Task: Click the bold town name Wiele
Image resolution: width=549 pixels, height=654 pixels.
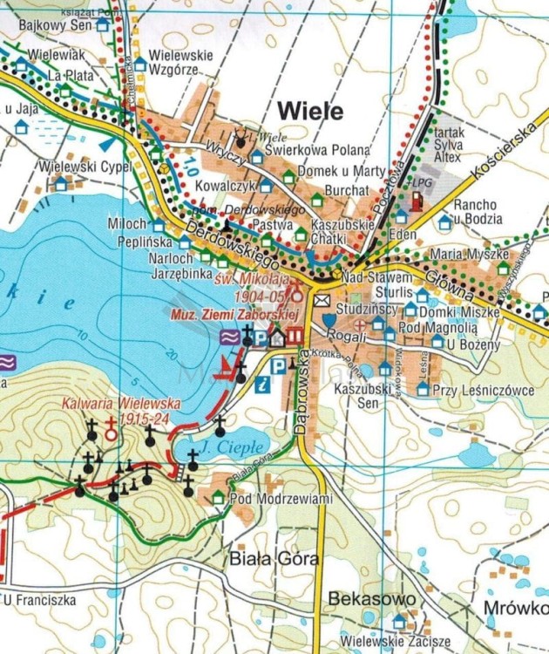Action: pyautogui.click(x=309, y=111)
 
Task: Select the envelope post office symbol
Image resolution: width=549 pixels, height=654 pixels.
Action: pyautogui.click(x=322, y=301)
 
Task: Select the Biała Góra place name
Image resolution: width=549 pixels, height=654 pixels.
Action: pyautogui.click(x=262, y=559)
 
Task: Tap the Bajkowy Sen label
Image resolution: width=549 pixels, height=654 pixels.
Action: pyautogui.click(x=45, y=24)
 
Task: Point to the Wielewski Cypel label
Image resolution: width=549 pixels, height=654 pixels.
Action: pyautogui.click(x=85, y=166)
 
